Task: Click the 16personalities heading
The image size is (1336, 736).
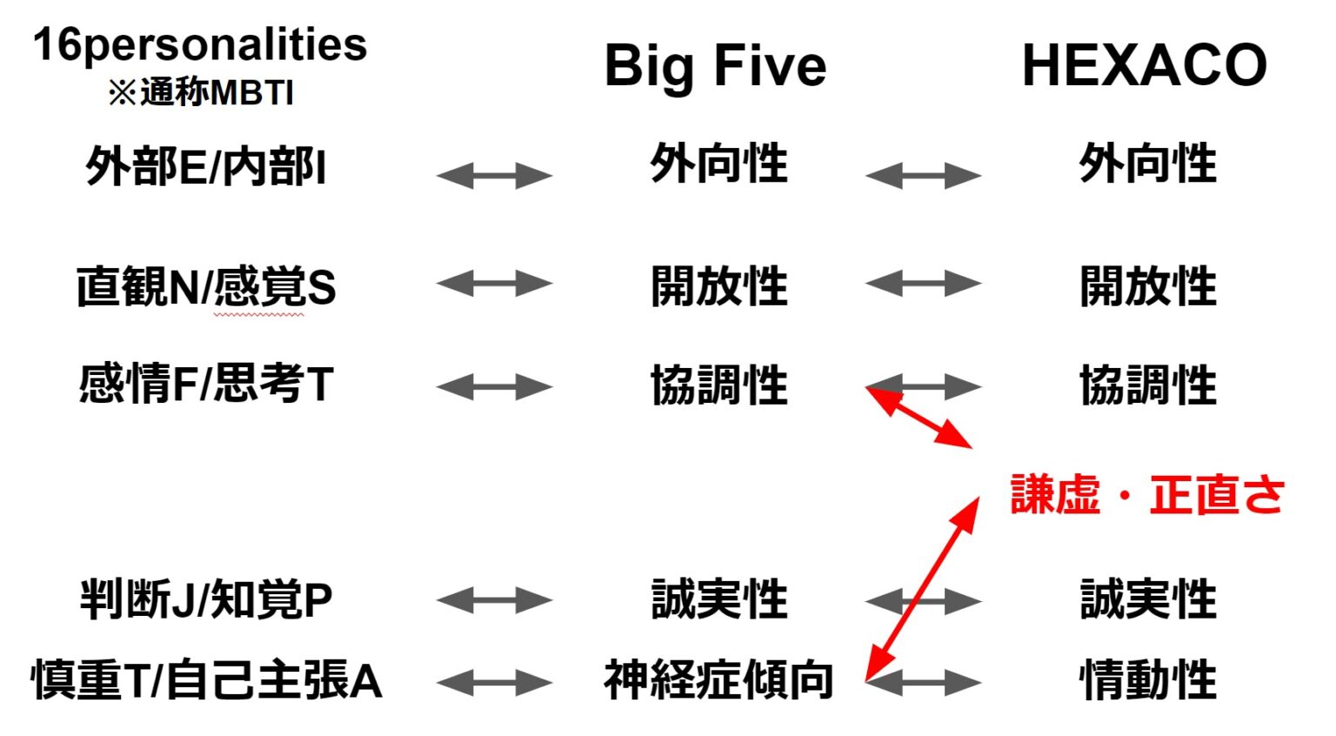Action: pos(200,45)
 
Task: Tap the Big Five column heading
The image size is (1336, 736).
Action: pos(715,66)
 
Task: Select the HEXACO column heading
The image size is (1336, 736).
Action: pos(1144,65)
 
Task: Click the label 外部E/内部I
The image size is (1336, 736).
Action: pos(206,166)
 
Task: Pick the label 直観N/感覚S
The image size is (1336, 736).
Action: pos(206,287)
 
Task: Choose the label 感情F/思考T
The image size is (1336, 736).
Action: pos(206,384)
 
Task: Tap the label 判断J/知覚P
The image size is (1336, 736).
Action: pos(206,599)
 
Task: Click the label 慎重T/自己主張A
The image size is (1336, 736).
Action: pos(206,679)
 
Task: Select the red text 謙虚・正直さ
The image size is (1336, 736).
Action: pos(1147,495)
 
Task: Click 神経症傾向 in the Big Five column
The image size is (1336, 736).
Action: pos(718,679)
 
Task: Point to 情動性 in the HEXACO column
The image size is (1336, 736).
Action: pos(1147,679)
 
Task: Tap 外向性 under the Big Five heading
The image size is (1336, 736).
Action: pos(718,164)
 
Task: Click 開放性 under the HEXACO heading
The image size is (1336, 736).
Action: pos(1147,286)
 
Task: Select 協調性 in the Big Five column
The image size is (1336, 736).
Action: pos(718,385)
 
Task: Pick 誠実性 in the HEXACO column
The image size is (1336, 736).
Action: pos(1147,599)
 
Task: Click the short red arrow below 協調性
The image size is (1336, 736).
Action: pos(919,418)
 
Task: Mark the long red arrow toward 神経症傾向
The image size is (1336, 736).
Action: pos(923,588)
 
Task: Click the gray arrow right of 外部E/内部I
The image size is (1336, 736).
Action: pos(494,176)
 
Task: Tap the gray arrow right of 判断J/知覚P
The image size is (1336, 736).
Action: pos(494,600)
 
